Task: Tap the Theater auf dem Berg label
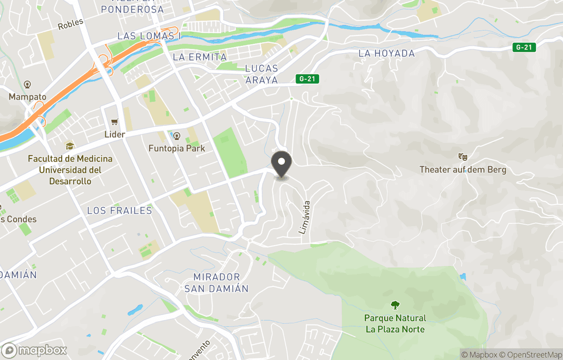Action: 463,170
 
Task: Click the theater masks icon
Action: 462,157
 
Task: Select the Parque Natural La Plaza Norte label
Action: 395,323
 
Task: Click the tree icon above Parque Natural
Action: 395,305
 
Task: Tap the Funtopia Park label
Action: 177,148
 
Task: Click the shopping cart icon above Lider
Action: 114,122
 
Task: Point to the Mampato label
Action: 28,97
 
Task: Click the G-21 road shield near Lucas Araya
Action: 307,79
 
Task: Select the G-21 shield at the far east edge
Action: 524,47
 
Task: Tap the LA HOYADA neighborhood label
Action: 386,53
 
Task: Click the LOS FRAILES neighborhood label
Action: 119,210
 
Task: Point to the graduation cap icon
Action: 69,146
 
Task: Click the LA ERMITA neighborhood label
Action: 200,57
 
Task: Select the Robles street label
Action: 70,25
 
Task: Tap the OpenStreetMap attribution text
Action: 531,355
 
